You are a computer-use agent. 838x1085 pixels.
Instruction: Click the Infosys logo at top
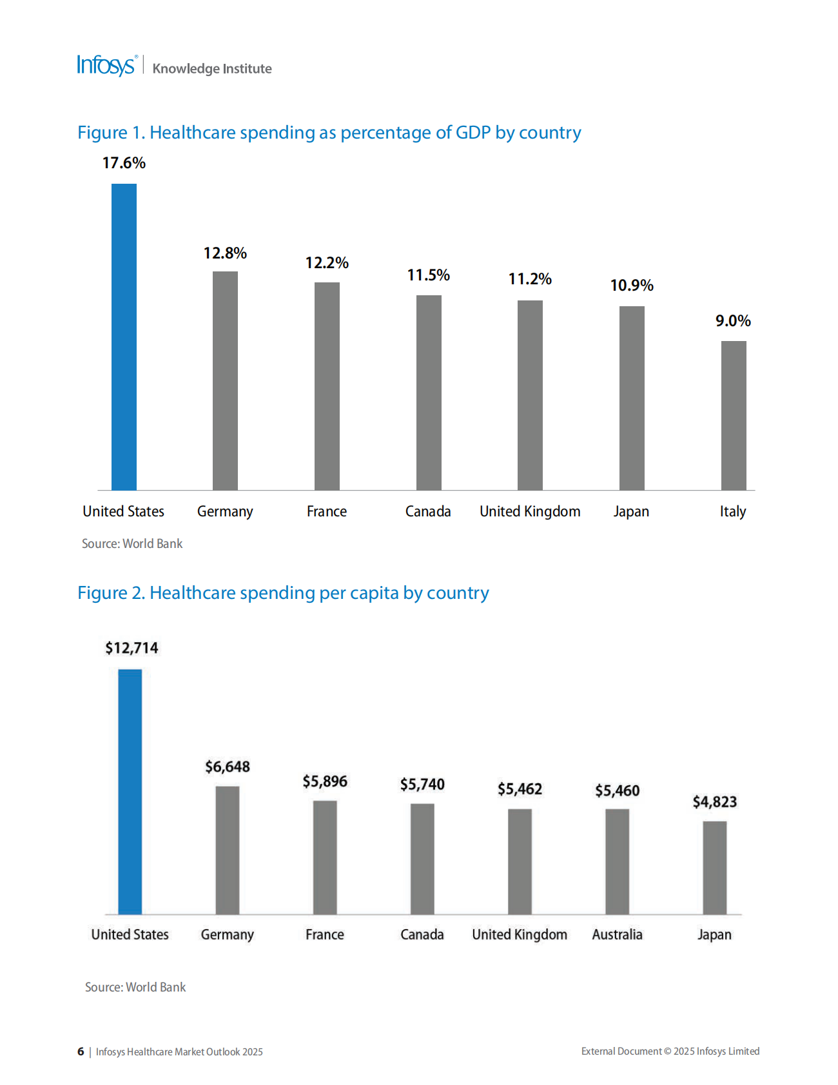(x=106, y=66)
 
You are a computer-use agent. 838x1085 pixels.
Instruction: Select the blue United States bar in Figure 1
(x=124, y=337)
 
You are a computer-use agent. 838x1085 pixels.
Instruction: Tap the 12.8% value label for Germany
(x=225, y=253)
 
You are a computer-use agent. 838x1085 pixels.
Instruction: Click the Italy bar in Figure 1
(x=734, y=415)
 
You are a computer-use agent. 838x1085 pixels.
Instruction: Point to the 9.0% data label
(x=733, y=321)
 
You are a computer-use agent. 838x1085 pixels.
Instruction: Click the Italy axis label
(x=733, y=512)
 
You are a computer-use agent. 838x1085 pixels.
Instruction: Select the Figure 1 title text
(x=329, y=133)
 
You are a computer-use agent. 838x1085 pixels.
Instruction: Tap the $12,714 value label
(x=132, y=648)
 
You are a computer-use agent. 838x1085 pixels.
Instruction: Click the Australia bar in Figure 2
(x=617, y=861)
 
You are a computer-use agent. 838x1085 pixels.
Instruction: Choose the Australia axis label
(x=617, y=935)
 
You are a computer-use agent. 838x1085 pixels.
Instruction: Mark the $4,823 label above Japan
(x=714, y=802)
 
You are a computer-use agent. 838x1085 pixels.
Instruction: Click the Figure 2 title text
(x=283, y=593)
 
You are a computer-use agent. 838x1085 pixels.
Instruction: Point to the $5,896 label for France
(x=325, y=782)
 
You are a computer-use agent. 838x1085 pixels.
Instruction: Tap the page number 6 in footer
(x=81, y=1051)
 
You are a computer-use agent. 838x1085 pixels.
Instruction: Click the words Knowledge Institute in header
(x=212, y=69)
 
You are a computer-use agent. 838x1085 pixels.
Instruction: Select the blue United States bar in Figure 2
(x=130, y=792)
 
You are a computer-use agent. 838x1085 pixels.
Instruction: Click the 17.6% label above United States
(x=124, y=163)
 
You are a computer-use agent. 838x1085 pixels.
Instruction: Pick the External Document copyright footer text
(x=670, y=1051)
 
